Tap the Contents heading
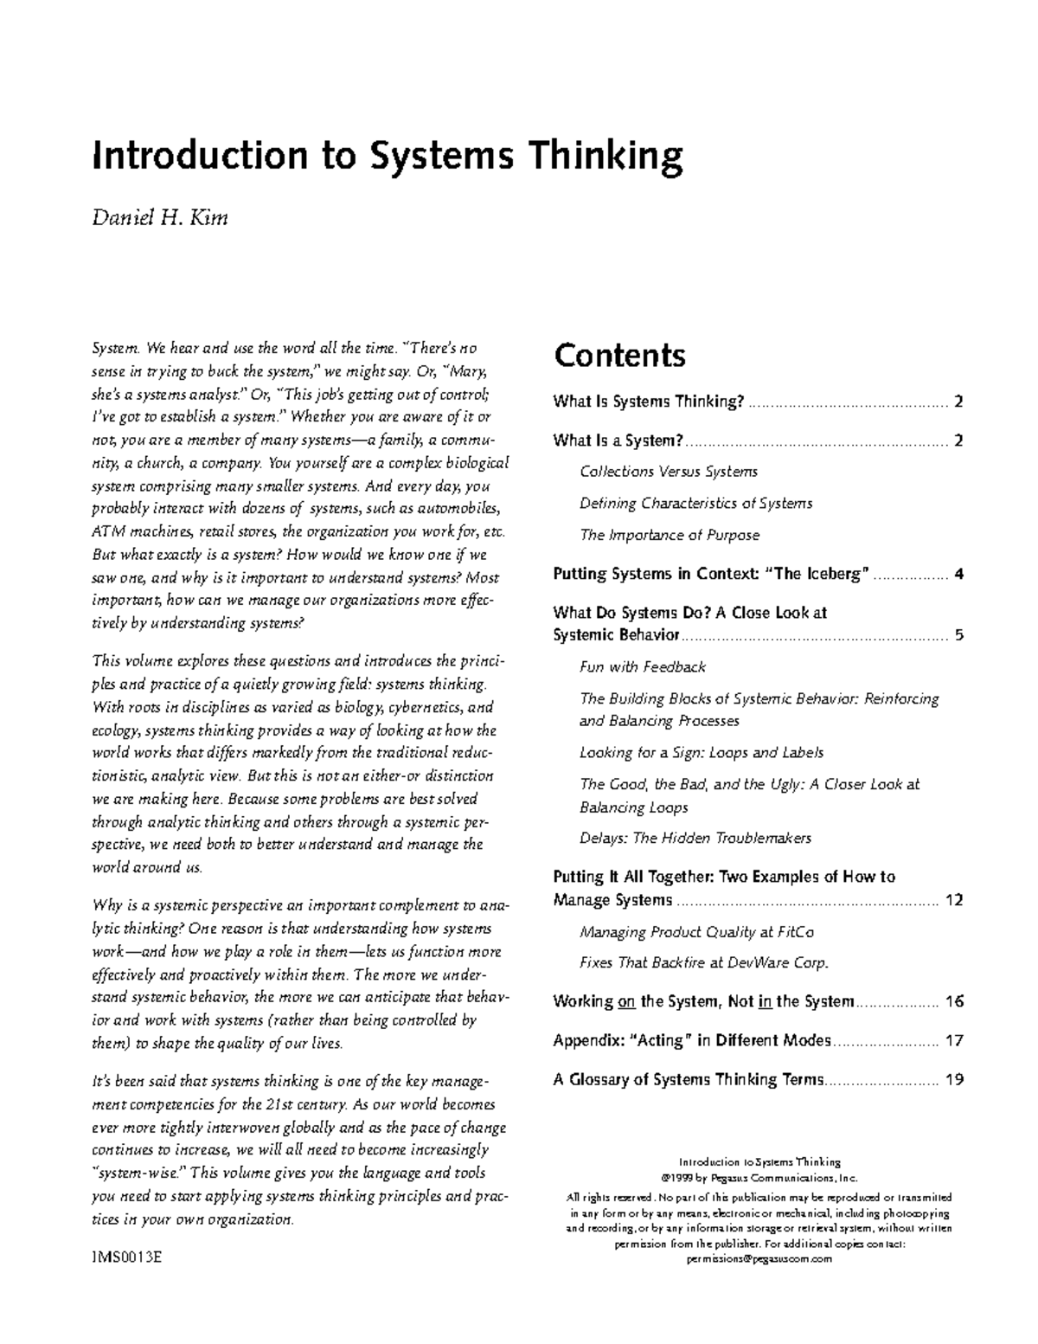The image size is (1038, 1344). coord(619,356)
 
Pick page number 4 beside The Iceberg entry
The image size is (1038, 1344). coord(958,574)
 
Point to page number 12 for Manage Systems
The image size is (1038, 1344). coord(954,900)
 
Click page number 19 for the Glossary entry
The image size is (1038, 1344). coord(954,1079)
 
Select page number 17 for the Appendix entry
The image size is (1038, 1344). coord(954,1040)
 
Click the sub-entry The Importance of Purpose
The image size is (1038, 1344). coord(670,535)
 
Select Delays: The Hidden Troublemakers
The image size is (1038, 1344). coord(695,838)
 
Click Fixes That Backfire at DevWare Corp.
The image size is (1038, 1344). coord(704,962)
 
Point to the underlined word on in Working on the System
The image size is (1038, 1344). coord(627,1002)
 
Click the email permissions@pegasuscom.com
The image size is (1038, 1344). coord(759,1259)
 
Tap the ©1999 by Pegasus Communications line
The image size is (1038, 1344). coord(759,1178)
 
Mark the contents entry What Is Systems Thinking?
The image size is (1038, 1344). coord(649,402)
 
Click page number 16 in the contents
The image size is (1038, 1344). coord(954,1001)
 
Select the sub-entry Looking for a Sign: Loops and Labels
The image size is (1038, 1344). coord(702,753)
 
